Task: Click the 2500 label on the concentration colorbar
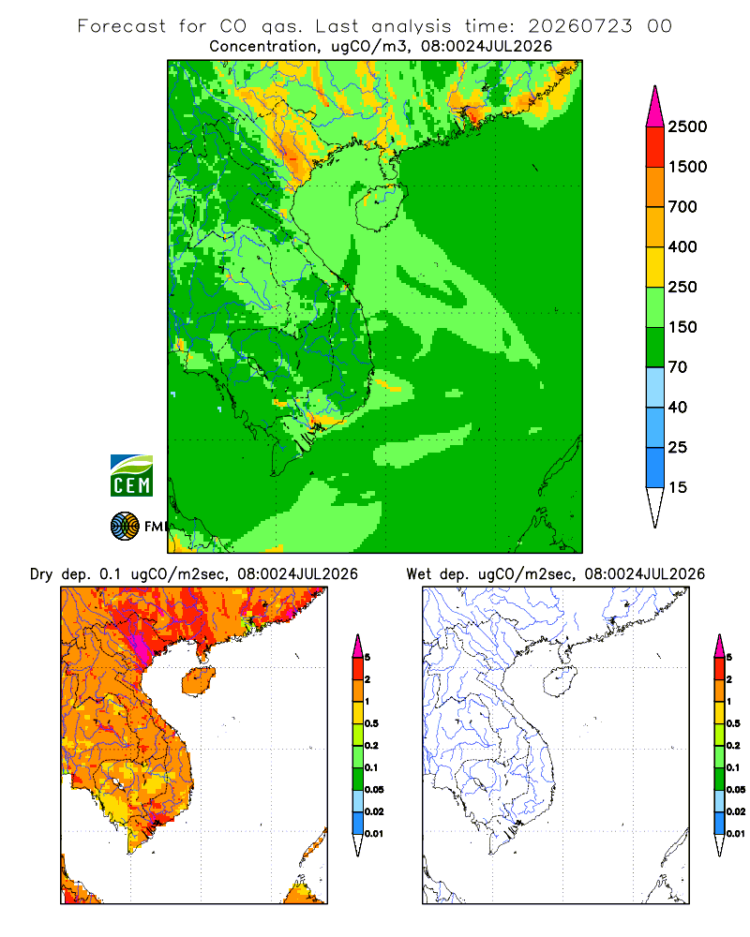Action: (687, 126)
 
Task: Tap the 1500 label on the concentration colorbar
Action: (687, 167)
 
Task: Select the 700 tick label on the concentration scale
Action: (682, 207)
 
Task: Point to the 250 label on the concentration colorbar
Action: (682, 287)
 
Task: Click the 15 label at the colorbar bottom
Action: (678, 487)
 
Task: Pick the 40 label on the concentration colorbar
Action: (678, 407)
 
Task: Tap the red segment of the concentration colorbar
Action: (655, 147)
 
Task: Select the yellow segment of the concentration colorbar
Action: (655, 267)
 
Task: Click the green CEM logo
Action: (131, 476)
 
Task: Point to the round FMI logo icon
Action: (125, 527)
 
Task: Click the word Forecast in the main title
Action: (122, 26)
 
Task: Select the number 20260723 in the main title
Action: (579, 26)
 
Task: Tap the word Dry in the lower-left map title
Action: (42, 574)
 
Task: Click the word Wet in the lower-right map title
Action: (418, 574)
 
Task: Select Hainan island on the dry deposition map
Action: (198, 681)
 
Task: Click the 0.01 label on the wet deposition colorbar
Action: (736, 834)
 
